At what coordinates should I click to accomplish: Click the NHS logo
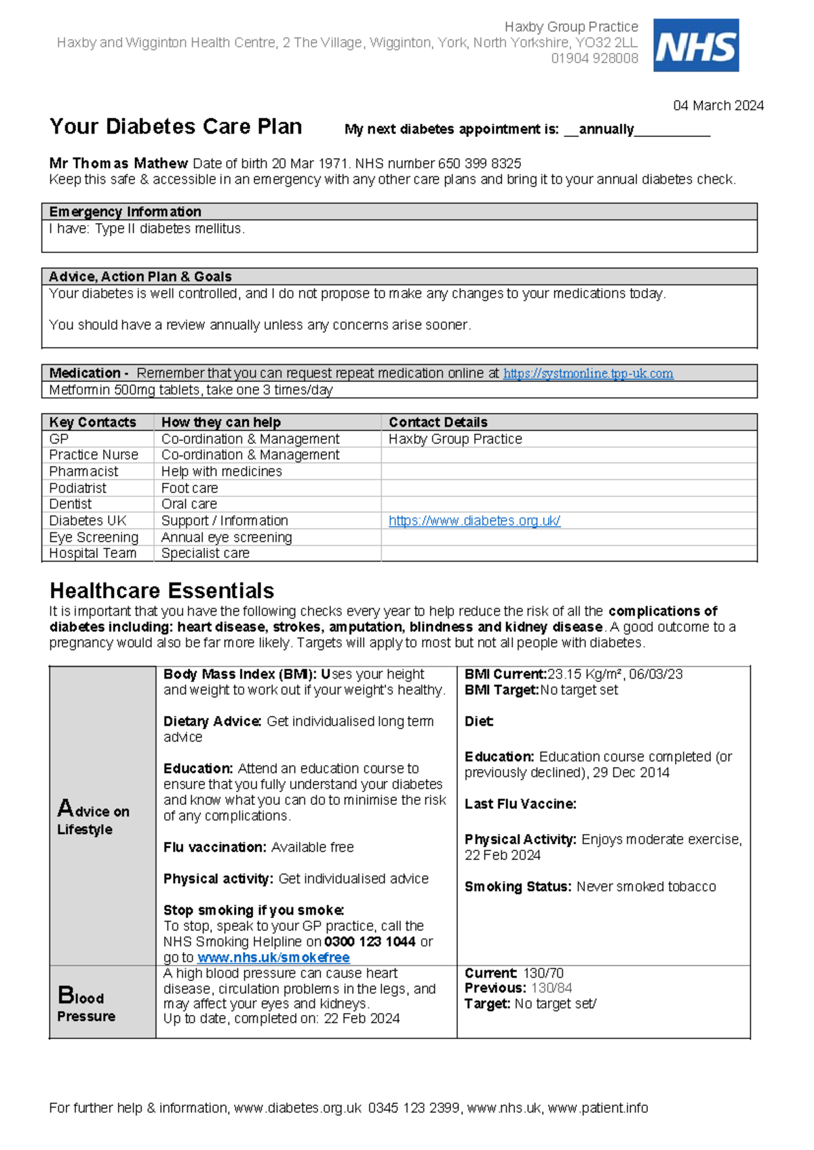695,45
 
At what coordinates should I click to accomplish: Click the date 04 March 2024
718,106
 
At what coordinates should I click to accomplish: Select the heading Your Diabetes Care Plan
176,127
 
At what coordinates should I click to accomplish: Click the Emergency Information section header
125,212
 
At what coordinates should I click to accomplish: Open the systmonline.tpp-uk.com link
587,374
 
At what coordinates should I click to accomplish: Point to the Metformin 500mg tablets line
191,390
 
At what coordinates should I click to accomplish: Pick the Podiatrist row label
77,488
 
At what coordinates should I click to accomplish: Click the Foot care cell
189,488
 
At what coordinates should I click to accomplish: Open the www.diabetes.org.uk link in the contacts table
474,521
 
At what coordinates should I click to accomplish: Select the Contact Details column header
438,422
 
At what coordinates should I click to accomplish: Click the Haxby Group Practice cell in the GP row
455,439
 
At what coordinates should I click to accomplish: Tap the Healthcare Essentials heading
162,591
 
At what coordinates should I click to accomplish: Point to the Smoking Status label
518,887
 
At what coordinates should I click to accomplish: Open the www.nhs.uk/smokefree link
273,957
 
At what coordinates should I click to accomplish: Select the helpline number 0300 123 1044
370,942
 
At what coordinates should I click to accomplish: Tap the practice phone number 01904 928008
594,59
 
